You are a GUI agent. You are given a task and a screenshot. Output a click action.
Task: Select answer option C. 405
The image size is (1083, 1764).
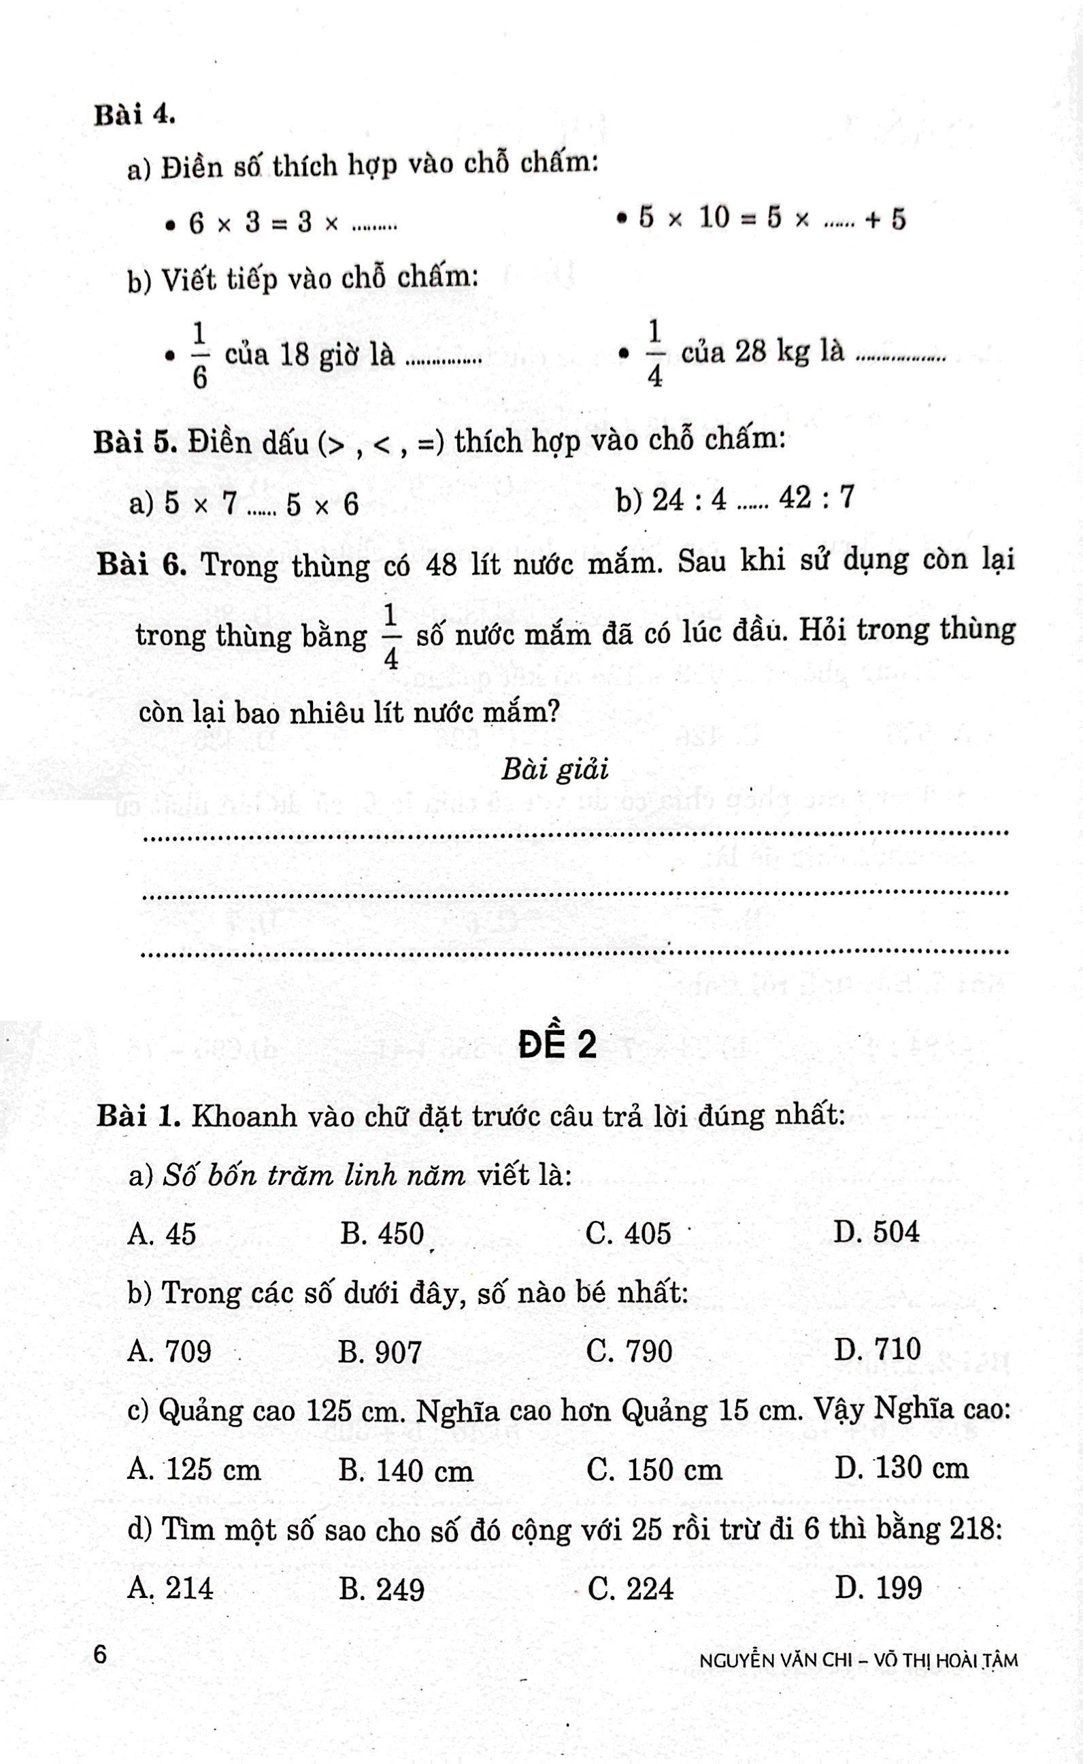(627, 1233)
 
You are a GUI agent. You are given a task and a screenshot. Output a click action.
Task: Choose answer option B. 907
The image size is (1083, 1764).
(380, 1352)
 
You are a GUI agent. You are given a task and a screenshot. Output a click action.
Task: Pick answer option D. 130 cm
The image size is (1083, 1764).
(901, 1468)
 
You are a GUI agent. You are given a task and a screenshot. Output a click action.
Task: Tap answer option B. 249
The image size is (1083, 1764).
(382, 1589)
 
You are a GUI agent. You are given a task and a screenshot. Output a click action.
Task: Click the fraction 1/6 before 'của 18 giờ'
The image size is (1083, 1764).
(200, 355)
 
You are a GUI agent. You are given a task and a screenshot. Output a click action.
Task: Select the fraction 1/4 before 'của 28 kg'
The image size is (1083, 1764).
(654, 353)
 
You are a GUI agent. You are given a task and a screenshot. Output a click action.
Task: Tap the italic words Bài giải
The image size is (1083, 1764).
(555, 770)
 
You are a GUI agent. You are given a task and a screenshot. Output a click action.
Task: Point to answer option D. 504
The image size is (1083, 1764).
(876, 1232)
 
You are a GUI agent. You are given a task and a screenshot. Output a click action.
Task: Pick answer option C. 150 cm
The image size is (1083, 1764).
(654, 1469)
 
